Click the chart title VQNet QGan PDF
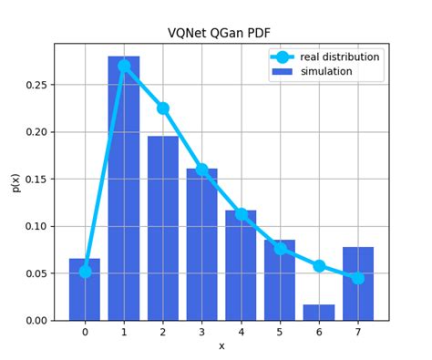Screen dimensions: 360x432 [221, 33]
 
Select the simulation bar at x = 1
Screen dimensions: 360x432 [124, 191]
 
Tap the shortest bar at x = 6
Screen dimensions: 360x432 [319, 312]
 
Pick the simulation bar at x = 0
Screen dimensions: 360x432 [85, 290]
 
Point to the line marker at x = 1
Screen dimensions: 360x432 [124, 66]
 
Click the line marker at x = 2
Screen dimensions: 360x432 [163, 108]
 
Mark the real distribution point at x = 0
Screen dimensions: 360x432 [85, 271]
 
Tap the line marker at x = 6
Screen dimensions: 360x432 [319, 266]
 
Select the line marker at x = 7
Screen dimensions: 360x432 [358, 278]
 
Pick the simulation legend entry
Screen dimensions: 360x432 [325, 71]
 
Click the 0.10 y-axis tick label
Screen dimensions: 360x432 [35, 226]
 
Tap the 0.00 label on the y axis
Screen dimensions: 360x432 [35, 321]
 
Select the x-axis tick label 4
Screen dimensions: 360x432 [241, 333]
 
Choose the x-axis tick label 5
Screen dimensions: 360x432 [280, 333]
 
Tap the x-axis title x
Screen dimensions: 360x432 [221, 346]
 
